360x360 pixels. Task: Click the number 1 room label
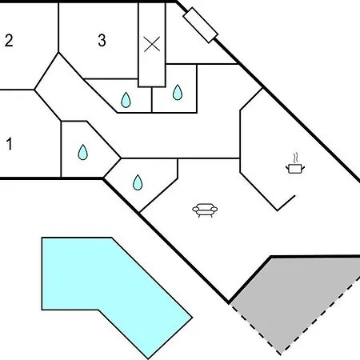[x=10, y=144]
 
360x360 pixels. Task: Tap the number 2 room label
[x=9, y=41]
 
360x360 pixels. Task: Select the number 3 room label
[x=102, y=41]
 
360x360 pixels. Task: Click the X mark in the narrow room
[x=152, y=44]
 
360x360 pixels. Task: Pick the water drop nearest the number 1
[x=83, y=152]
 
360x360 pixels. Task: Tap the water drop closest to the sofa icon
[x=138, y=182]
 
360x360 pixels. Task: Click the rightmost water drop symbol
[x=178, y=92]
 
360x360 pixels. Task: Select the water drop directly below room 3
[x=126, y=100]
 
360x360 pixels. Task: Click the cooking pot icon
[x=295, y=169]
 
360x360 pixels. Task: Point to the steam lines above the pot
[x=295, y=158]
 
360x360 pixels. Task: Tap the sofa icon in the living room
[x=205, y=210]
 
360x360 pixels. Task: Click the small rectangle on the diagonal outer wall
[x=201, y=25]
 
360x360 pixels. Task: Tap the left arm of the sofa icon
[x=196, y=210]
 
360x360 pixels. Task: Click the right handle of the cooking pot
[x=303, y=167]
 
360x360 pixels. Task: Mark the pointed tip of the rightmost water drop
[x=178, y=85]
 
